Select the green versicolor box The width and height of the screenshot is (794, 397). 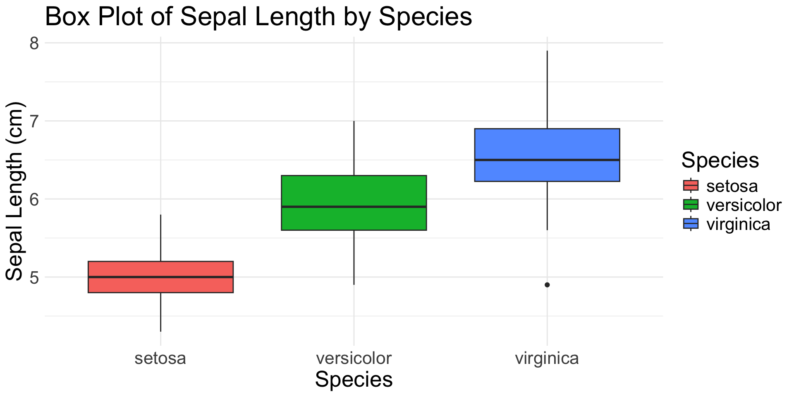pyautogui.click(x=354, y=190)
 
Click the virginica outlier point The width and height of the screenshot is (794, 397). pyautogui.click(x=547, y=285)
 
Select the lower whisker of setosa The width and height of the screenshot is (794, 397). pyautogui.click(x=160, y=312)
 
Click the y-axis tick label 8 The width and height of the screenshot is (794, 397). pyautogui.click(x=34, y=43)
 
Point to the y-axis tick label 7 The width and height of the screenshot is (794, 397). pyautogui.click(x=34, y=121)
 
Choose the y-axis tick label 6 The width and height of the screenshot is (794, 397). pyautogui.click(x=34, y=199)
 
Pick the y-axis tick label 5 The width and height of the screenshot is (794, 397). pyautogui.click(x=34, y=277)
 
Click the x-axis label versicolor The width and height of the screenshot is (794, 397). pyautogui.click(x=354, y=358)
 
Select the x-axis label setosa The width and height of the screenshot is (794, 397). pyautogui.click(x=160, y=358)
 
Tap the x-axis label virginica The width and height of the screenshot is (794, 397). pyautogui.click(x=547, y=358)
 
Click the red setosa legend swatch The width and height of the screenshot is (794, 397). pyautogui.click(x=691, y=185)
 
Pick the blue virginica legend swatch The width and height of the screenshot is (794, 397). pyautogui.click(x=691, y=224)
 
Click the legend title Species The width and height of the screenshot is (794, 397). pyautogui.click(x=720, y=160)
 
